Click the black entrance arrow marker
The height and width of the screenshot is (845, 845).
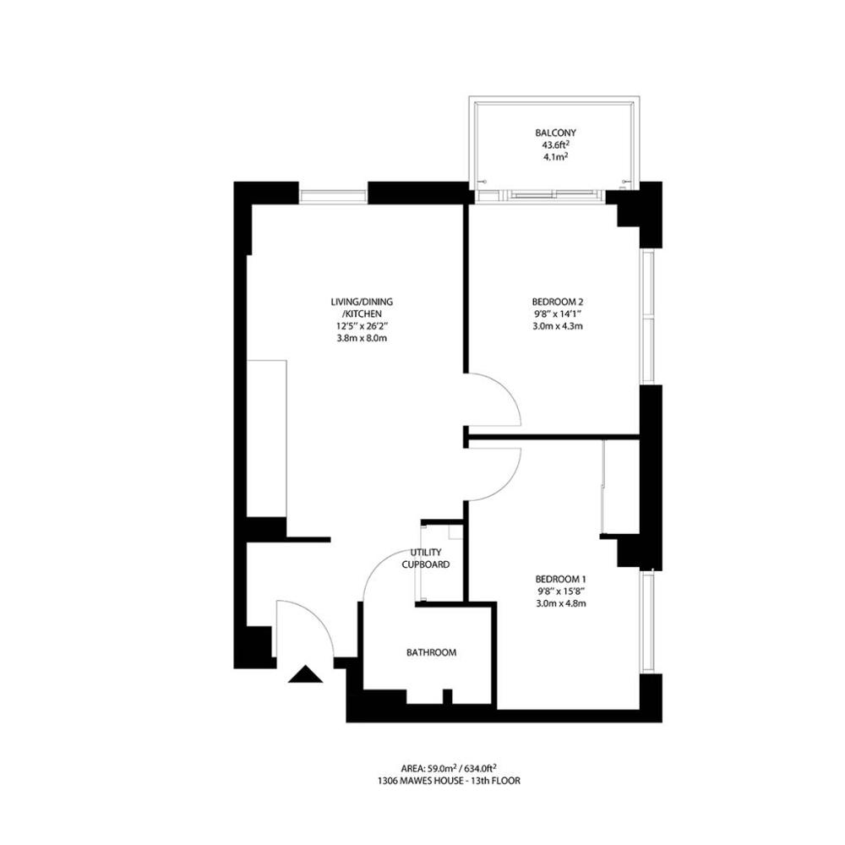coord(306,674)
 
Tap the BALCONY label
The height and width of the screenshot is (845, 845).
coord(556,133)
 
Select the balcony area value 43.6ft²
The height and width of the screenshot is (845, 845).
coord(556,144)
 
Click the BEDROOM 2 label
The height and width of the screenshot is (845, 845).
coord(557,302)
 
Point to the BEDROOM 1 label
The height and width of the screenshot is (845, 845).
coord(560,579)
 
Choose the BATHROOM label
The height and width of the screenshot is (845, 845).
coord(431,652)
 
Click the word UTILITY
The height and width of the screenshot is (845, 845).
coord(426,553)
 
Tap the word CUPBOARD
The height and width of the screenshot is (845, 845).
coord(426,564)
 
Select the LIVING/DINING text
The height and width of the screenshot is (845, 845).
coord(363,302)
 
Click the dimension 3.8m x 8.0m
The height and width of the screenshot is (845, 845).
coord(363,339)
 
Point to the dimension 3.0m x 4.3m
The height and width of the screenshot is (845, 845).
coord(558,326)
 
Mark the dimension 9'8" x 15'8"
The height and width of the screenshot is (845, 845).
coord(560,591)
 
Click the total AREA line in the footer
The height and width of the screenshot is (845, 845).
coord(449,767)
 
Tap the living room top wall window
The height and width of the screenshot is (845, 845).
coord(333,197)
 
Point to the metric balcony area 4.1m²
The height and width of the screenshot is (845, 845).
coord(556,157)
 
